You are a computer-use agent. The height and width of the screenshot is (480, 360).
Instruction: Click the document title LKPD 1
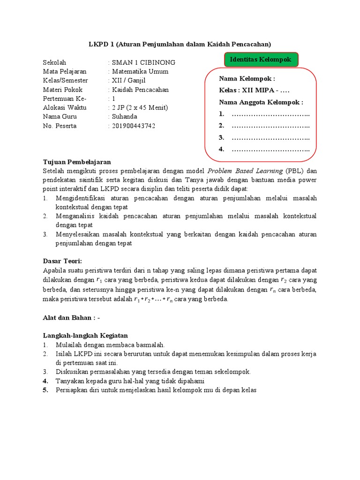pyautogui.click(x=180, y=44)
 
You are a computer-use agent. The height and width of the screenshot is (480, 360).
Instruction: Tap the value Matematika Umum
pyautogui.click(x=140, y=72)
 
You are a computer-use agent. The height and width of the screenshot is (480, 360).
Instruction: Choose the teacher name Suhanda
pyautogui.click(x=125, y=117)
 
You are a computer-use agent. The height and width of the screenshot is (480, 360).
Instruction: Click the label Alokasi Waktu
pyautogui.click(x=63, y=108)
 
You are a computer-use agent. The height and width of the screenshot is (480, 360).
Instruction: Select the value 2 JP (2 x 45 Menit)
pyautogui.click(x=140, y=108)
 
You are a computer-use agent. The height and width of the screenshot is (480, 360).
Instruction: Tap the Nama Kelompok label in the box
pyautogui.click(x=247, y=79)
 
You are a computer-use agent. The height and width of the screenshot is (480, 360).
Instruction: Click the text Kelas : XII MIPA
pyautogui.click(x=256, y=90)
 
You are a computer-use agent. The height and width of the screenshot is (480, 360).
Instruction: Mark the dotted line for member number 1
pyautogui.click(x=270, y=114)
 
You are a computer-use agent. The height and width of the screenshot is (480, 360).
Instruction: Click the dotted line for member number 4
pyautogui.click(x=270, y=150)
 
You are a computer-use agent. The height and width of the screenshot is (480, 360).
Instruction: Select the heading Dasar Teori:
pyautogui.click(x=62, y=261)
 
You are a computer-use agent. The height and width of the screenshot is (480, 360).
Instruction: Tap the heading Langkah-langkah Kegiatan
pyautogui.click(x=85, y=336)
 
